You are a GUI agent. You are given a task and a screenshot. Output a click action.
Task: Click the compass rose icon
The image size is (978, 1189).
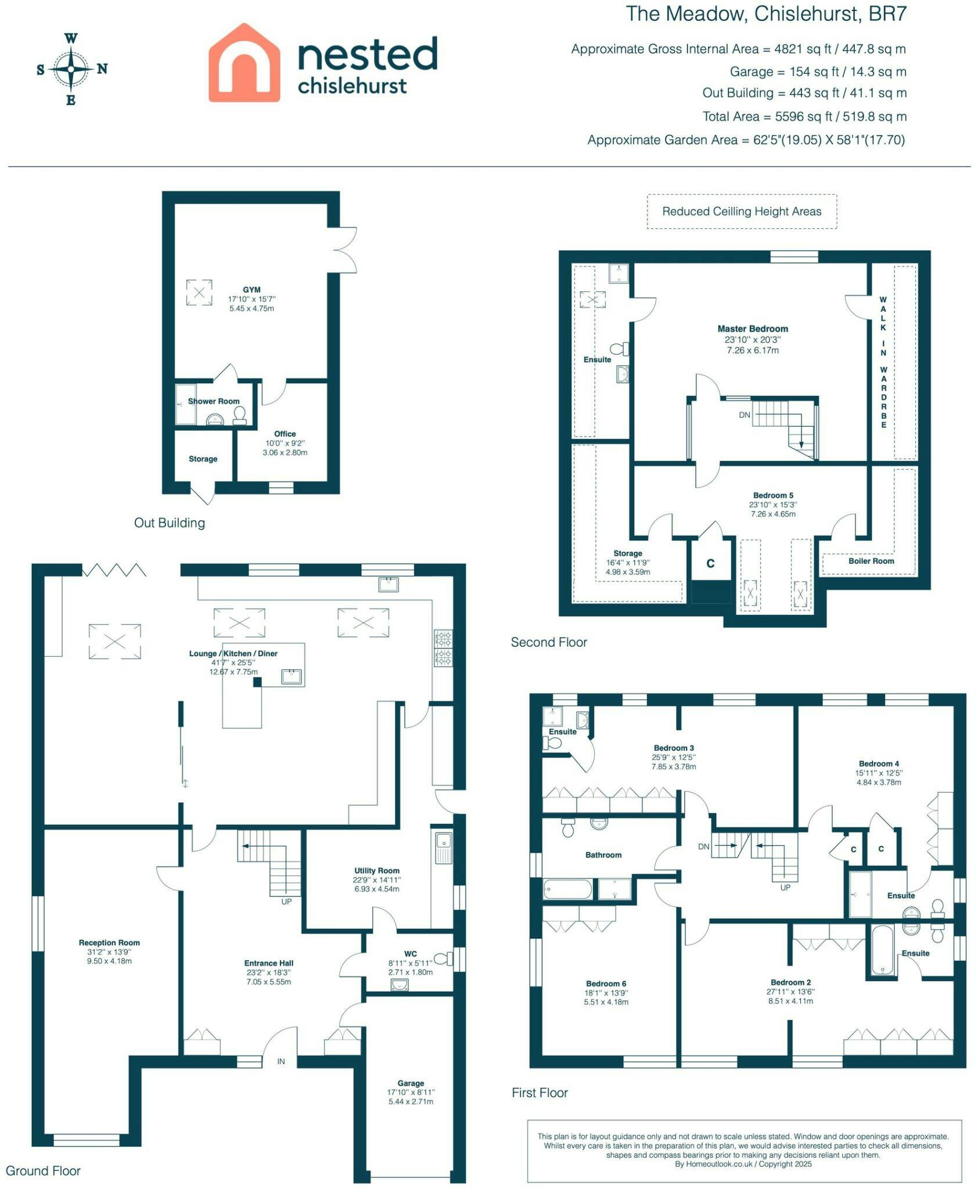pos(71,69)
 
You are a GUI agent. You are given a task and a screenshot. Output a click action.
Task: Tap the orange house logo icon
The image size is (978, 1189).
pos(245,63)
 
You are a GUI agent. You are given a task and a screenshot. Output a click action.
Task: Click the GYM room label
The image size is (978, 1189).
pos(251,290)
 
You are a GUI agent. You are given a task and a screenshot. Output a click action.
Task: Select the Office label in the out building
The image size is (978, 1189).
pos(285,434)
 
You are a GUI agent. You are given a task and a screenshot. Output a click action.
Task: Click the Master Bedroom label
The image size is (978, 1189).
pos(753,329)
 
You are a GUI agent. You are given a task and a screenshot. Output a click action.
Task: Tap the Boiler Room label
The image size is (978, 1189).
pos(871,561)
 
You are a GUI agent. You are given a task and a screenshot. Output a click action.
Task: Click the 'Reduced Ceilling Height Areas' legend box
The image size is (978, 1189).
pos(742,211)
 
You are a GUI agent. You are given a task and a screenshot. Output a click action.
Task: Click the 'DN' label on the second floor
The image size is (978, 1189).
pos(745,415)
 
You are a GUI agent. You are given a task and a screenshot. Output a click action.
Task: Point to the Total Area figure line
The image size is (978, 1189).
pos(804,117)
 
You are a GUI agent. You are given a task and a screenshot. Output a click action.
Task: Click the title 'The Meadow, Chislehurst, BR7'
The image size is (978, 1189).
pos(766,14)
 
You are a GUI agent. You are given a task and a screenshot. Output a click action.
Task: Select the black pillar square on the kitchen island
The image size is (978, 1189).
pos(257,682)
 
